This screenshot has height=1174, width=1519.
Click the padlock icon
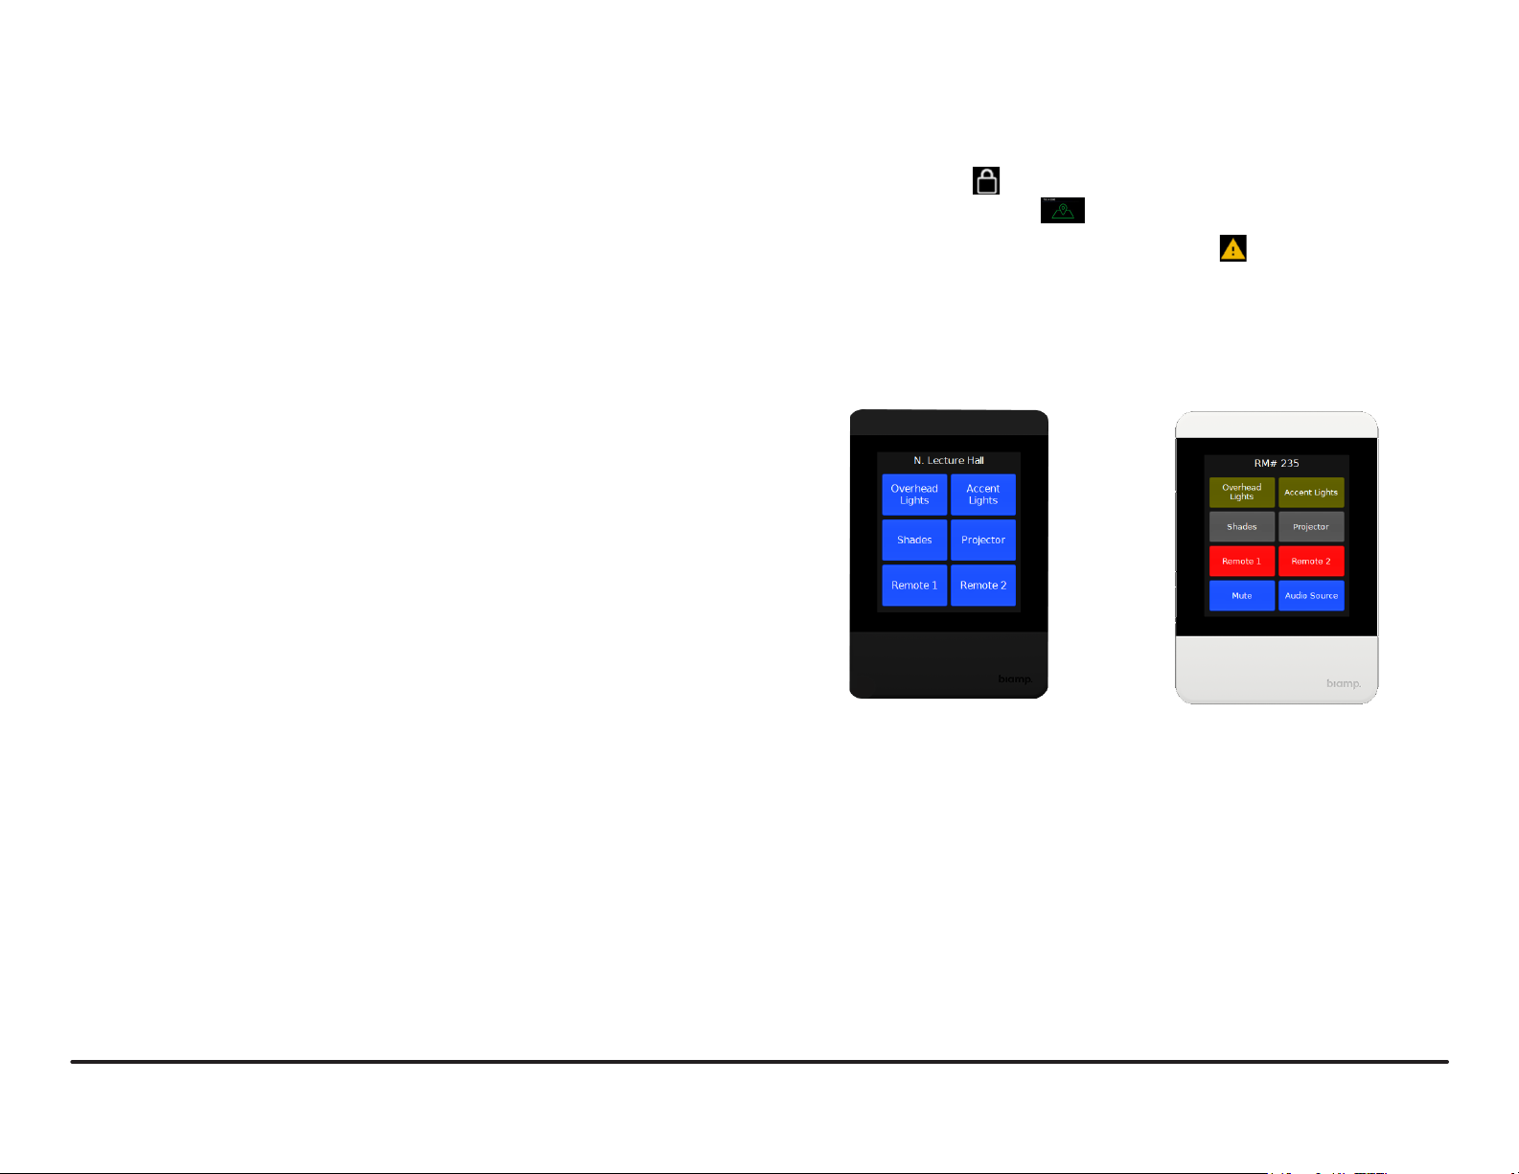coord(986,181)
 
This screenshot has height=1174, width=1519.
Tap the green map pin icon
coord(1063,210)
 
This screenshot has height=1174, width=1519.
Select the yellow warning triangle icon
coord(1232,248)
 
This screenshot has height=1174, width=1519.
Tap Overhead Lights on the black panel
coord(914,495)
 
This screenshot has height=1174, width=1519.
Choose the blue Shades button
coord(914,541)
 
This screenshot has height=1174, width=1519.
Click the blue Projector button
coord(983,541)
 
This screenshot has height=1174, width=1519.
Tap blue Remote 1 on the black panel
coord(914,586)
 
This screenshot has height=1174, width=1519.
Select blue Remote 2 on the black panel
coord(983,586)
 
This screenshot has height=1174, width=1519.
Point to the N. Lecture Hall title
coord(949,461)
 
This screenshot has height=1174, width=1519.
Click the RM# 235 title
coord(1277,464)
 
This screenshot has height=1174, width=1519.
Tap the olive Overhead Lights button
coord(1242,493)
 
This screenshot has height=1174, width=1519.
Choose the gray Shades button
coord(1242,527)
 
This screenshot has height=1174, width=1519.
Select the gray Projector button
coord(1311,527)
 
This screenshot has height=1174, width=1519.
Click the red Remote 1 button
coord(1242,562)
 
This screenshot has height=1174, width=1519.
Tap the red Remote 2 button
coord(1311,562)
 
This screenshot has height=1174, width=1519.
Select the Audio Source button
coord(1311,596)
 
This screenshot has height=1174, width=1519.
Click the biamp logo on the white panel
coord(1344,683)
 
